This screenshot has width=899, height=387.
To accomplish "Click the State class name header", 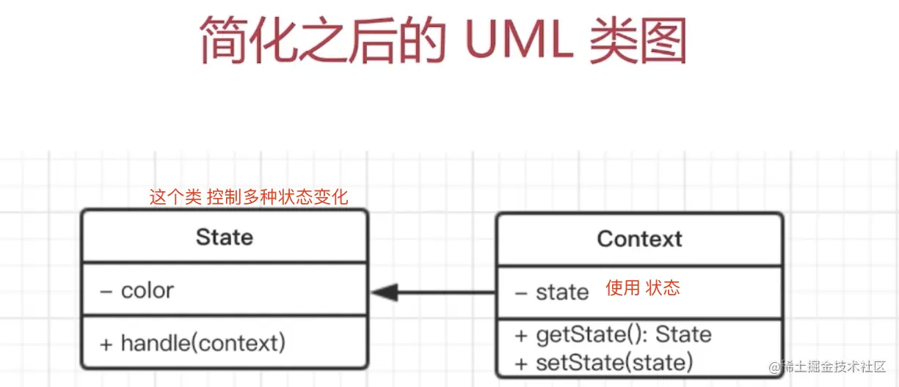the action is tap(225, 237).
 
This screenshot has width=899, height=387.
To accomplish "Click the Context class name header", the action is tap(639, 239).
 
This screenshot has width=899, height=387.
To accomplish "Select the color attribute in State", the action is tap(148, 290).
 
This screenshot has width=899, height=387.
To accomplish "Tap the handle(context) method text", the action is tap(203, 343).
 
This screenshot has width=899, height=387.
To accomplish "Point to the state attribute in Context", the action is tap(562, 292).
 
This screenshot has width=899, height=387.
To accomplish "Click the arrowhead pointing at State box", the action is tap(385, 292).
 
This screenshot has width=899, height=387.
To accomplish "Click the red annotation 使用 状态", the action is tap(643, 288).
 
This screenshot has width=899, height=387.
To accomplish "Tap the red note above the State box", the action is tap(249, 197).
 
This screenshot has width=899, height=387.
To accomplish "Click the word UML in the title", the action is tap(520, 40).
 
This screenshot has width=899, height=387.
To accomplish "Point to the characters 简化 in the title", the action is tap(249, 40).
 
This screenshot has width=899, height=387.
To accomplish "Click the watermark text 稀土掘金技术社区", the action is tap(834, 366).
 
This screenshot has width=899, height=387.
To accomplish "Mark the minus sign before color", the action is tap(106, 292).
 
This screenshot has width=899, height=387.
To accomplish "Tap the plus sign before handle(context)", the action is tap(106, 344).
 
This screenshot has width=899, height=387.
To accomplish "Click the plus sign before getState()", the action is tap(521, 336).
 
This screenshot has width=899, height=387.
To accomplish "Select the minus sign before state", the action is tap(521, 294).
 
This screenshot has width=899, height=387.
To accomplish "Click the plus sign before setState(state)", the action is tap(521, 364).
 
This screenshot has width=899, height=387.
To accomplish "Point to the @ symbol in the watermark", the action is tap(775, 367).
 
